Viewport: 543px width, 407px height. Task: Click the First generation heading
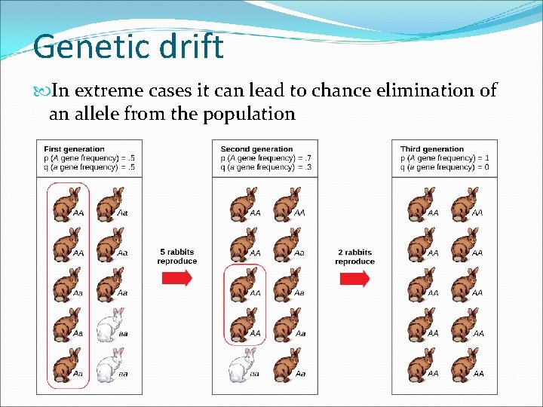click(74, 149)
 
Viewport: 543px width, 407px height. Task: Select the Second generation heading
click(256, 149)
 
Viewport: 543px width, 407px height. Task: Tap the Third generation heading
click(431, 149)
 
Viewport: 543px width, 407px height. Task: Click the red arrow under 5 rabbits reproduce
click(177, 277)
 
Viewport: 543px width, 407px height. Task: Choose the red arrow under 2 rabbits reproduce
click(354, 278)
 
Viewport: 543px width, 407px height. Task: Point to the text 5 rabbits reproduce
click(177, 256)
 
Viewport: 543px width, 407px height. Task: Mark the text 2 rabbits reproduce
click(354, 256)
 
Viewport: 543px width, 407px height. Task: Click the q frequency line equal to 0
click(444, 167)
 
